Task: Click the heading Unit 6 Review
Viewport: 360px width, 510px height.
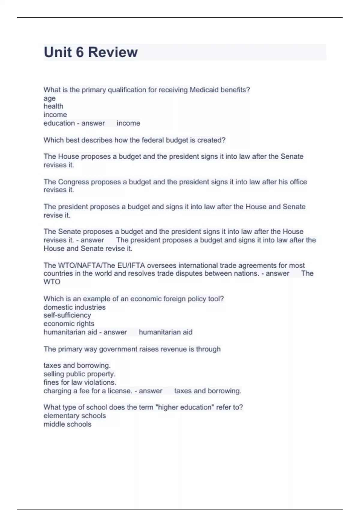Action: (x=91, y=52)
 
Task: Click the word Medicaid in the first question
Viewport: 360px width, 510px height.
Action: (x=204, y=90)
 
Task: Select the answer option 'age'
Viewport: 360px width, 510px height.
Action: (x=49, y=98)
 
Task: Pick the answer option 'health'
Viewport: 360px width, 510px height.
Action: (x=53, y=106)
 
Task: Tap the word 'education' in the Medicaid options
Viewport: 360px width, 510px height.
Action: (x=59, y=123)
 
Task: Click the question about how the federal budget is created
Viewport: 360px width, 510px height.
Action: (x=134, y=140)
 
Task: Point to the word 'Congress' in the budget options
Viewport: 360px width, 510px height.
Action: (x=73, y=182)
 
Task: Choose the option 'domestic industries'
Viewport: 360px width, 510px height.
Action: (x=74, y=307)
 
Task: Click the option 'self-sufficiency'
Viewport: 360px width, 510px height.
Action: (x=67, y=315)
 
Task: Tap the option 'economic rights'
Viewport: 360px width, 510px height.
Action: (x=69, y=324)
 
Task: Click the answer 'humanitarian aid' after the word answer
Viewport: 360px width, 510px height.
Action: (x=166, y=332)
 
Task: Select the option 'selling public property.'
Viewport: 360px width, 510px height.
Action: (x=79, y=374)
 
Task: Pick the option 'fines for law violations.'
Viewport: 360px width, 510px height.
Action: (x=80, y=382)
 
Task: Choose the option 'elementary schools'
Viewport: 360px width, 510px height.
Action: (x=75, y=416)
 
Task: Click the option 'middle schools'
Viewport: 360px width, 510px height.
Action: (x=67, y=424)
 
